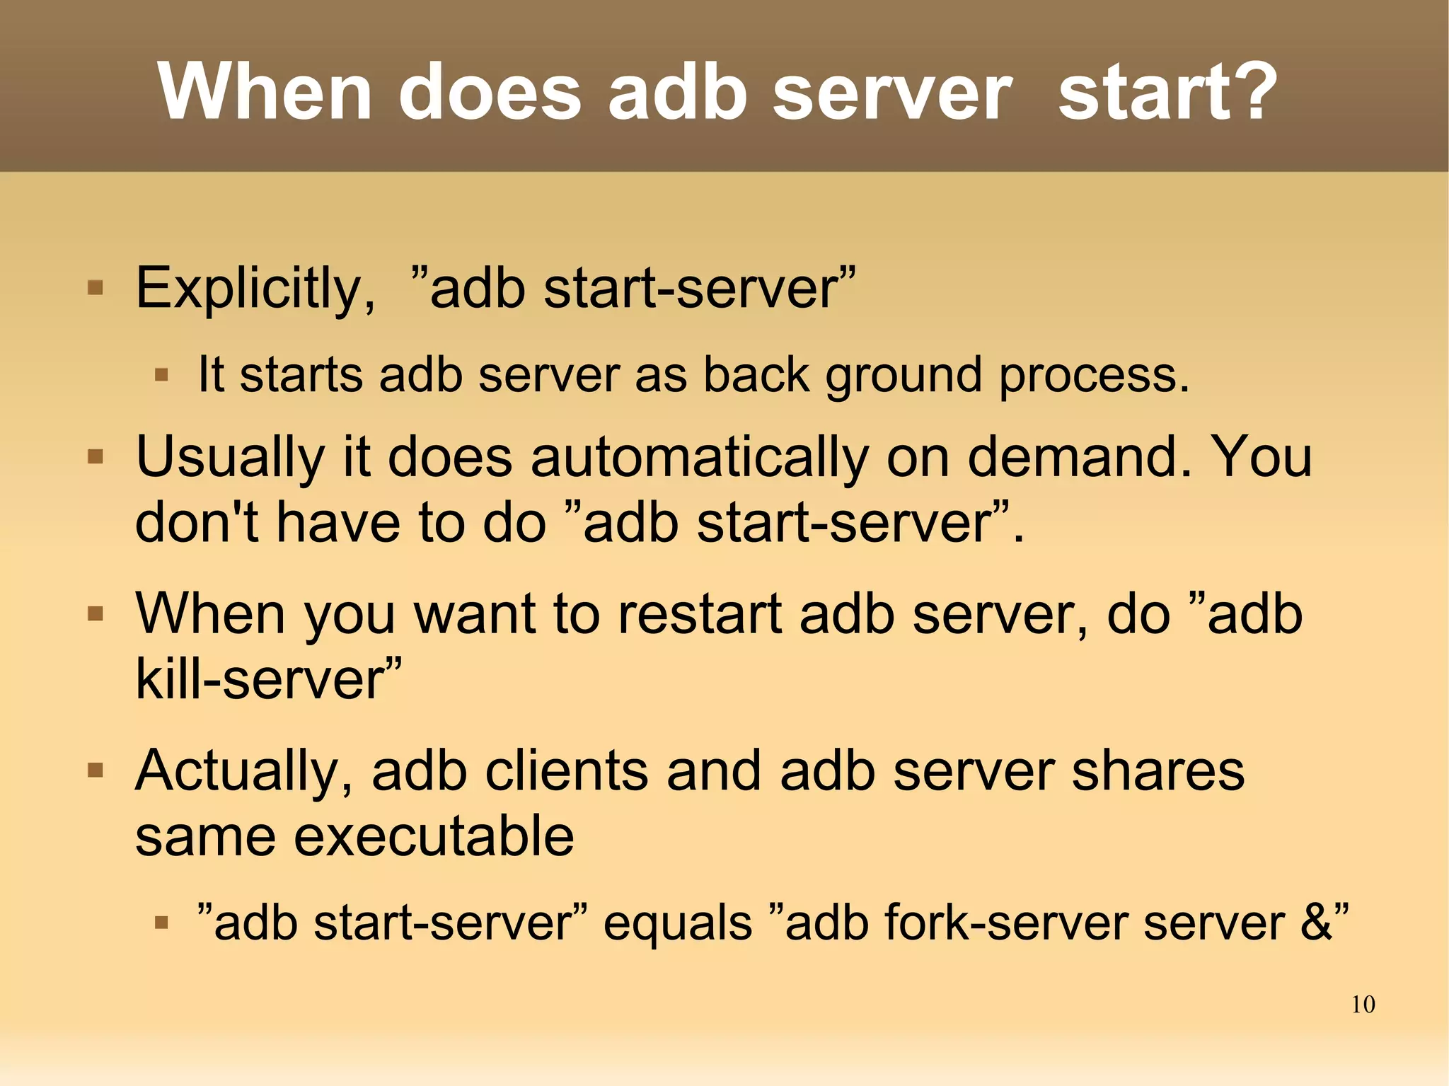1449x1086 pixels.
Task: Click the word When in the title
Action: click(x=265, y=92)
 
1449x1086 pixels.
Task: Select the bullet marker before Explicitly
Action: click(x=96, y=288)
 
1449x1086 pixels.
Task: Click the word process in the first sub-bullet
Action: click(x=1094, y=376)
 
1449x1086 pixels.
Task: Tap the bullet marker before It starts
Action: click(x=161, y=374)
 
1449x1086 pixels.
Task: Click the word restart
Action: click(x=700, y=614)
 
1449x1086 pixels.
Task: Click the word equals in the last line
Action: click(x=677, y=924)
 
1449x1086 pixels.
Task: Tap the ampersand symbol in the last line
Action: click(x=1315, y=923)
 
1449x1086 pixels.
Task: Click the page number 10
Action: click(x=1363, y=1005)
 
